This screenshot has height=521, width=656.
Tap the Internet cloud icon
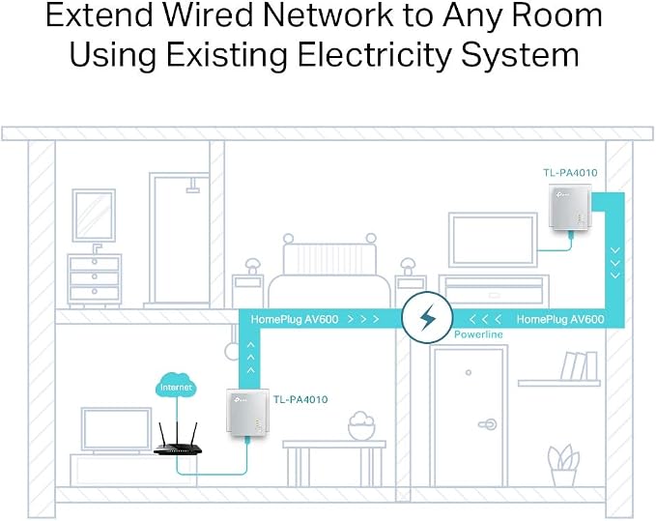click(176, 385)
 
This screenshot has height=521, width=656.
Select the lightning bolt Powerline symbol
click(427, 317)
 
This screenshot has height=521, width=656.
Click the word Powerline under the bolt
click(478, 334)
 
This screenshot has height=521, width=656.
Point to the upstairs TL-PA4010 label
click(570, 172)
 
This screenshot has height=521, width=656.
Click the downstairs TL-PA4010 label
click(300, 399)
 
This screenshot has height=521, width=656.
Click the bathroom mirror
click(94, 216)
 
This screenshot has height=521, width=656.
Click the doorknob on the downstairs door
click(487, 424)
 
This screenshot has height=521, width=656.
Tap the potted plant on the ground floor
click(563, 465)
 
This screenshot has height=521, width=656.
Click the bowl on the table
click(361, 425)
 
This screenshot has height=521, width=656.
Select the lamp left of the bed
click(252, 267)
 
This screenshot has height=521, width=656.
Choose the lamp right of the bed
click(408, 267)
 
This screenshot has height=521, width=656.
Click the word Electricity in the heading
click(375, 55)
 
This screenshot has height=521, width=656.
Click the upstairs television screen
click(493, 240)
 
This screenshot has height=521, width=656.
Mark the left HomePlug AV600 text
click(295, 320)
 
